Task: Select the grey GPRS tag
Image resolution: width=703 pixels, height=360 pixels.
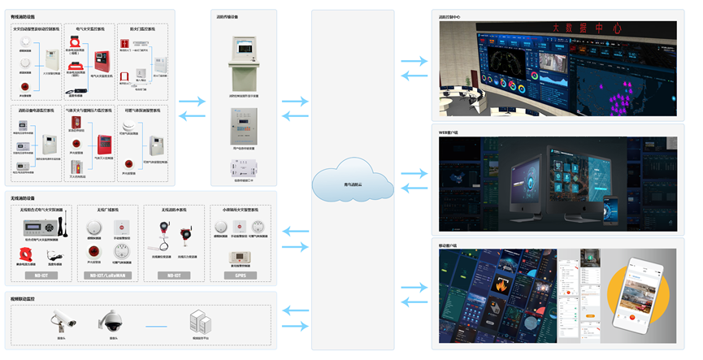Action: [241, 275]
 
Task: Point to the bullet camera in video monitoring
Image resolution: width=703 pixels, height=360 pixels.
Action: [60, 319]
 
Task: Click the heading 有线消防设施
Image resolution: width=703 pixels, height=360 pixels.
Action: [22, 15]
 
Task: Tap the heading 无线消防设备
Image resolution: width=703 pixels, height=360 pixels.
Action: [22, 197]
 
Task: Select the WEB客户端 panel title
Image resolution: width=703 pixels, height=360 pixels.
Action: [450, 130]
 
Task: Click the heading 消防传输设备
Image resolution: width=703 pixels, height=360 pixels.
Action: [228, 15]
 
